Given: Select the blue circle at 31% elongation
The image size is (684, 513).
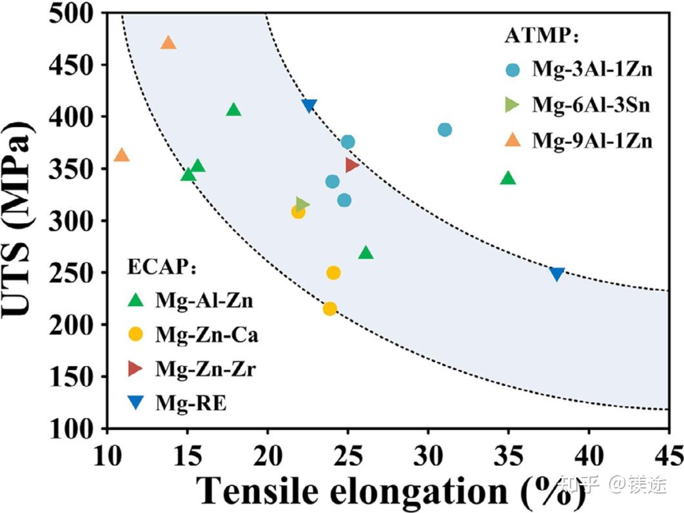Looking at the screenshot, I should (x=444, y=130).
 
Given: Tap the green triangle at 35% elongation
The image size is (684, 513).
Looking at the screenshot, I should (x=508, y=179).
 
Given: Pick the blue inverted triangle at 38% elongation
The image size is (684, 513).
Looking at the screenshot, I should (x=557, y=274).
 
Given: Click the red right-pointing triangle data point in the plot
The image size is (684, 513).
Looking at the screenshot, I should (x=351, y=164).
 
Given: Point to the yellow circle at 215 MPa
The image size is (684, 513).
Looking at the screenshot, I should (x=329, y=309).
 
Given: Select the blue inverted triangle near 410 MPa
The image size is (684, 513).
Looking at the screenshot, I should (x=309, y=106).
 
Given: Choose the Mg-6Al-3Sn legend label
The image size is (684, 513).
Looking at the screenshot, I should (x=590, y=105).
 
